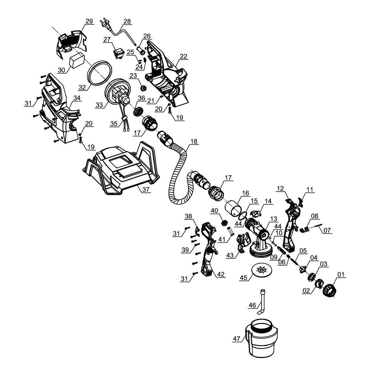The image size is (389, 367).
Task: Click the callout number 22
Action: pos(183,56)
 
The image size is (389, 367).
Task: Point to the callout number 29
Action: pos(89,21)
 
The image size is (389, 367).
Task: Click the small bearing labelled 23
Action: pos(144,88)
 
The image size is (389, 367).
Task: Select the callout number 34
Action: pos(77,98)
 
